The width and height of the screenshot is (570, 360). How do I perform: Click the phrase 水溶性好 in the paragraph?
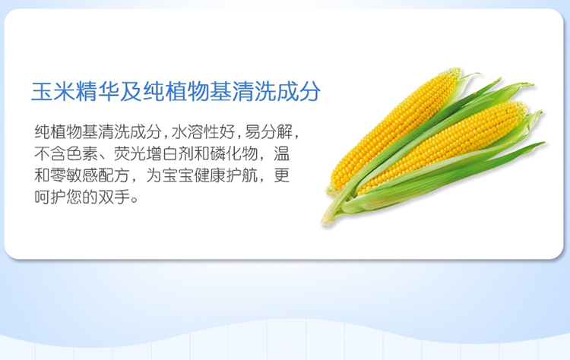(203, 131)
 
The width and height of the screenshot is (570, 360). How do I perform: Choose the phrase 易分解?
(268, 131)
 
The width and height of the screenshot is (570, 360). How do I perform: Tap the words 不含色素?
(66, 153)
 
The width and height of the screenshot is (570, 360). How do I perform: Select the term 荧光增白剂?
(154, 153)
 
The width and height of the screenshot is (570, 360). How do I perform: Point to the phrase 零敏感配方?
(90, 175)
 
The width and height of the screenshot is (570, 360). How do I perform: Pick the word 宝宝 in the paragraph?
(178, 175)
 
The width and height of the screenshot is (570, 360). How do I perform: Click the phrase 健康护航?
(226, 175)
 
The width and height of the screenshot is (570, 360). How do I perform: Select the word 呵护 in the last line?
(50, 197)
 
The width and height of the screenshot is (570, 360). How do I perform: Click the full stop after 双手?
(135, 201)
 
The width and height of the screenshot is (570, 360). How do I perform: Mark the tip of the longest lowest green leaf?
(545, 143)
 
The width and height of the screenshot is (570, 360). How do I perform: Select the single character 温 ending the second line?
(282, 153)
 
